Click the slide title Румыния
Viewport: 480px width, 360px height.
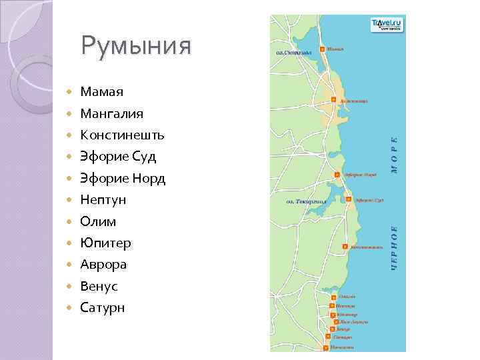(136, 46)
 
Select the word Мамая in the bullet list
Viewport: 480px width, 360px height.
(101, 91)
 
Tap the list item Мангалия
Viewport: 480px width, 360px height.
(111, 113)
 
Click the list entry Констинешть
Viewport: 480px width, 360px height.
(122, 135)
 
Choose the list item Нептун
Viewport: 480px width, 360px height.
(103, 200)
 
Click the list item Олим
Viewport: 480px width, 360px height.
(98, 221)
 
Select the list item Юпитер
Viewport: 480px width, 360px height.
(105, 243)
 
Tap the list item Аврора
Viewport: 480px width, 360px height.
(103, 265)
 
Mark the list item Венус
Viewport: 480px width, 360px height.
(99, 286)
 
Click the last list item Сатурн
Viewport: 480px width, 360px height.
(102, 307)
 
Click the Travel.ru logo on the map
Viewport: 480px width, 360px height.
(386, 25)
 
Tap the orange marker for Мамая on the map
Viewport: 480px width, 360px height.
(323, 49)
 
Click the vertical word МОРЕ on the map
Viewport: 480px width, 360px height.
(394, 155)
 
